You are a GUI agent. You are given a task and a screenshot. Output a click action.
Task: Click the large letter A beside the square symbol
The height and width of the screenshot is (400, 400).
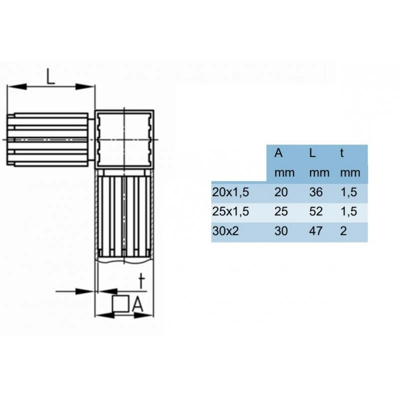tap(138, 304)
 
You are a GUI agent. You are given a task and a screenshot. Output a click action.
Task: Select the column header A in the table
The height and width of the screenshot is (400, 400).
tap(278, 153)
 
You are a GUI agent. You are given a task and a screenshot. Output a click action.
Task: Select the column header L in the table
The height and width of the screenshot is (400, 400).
tap(312, 153)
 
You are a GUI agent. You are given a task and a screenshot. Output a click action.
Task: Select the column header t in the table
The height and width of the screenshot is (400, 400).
tap(342, 153)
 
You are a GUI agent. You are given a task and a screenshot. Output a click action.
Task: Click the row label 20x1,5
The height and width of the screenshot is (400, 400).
tap(230, 192)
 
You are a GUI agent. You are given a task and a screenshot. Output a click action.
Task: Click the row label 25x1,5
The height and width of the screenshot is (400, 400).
tap(230, 212)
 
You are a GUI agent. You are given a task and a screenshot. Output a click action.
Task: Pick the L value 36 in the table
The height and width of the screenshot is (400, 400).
tap(316, 192)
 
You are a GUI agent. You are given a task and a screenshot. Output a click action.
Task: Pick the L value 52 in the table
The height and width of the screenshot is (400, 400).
tap(316, 212)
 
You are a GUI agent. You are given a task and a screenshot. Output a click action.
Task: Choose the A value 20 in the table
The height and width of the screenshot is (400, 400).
tap(281, 192)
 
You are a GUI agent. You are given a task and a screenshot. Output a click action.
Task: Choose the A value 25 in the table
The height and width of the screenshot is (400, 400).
tap(281, 212)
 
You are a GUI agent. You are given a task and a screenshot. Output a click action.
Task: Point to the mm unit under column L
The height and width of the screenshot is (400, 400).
tap(319, 173)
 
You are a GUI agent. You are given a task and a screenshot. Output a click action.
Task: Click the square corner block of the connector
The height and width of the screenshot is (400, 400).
tap(124, 138)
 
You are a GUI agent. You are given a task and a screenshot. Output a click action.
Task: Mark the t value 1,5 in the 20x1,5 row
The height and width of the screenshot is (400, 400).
tap(348, 192)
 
